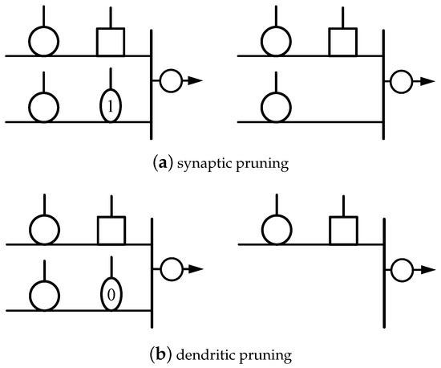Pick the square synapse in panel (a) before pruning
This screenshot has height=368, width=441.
tap(111, 42)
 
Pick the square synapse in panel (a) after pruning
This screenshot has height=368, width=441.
tap(343, 42)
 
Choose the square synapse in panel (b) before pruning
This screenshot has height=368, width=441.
tap(111, 230)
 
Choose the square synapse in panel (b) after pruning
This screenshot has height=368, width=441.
tap(343, 230)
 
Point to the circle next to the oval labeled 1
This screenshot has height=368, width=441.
tap(42, 106)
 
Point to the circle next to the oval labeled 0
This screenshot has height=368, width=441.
tap(42, 294)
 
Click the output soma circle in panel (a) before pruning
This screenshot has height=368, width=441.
tap(171, 80)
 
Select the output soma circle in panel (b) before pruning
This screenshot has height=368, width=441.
tap(171, 268)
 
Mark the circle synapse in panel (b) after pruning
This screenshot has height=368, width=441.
tap(275, 230)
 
